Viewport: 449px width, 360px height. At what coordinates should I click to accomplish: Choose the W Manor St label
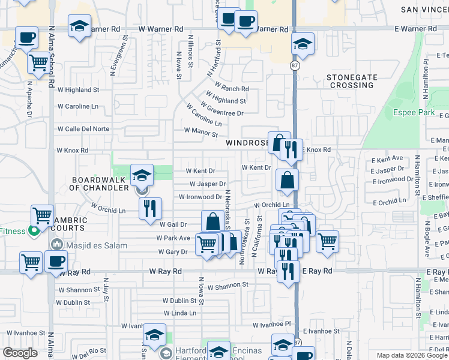pos(200,130)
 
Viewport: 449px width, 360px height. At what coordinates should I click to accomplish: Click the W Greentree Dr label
pos(221,109)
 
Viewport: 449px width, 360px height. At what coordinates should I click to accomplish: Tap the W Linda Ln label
pos(180,313)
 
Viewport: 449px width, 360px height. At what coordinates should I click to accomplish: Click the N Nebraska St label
pos(228,209)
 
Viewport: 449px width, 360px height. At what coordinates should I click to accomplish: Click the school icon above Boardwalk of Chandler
pos(142,175)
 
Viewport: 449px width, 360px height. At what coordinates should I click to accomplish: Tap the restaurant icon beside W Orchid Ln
pos(150,208)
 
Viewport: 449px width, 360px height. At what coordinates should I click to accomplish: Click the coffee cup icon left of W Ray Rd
pos(56,261)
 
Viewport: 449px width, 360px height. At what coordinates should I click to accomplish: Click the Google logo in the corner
pos(20,353)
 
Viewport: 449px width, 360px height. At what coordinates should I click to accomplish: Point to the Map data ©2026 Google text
pos(412,355)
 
